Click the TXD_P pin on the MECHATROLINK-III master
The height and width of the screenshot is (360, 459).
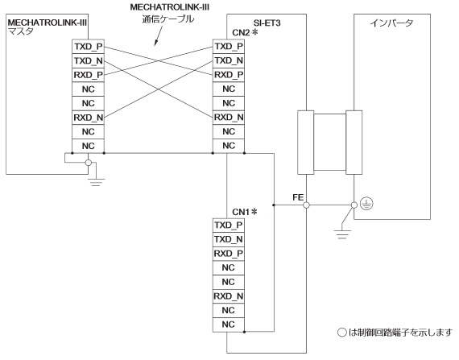coord(88,47)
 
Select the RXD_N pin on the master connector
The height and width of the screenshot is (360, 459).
coord(88,118)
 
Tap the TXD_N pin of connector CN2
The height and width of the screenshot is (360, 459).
coord(229,60)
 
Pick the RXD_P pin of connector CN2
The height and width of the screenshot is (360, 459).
coord(229,75)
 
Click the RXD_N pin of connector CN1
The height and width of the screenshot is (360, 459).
coord(229,296)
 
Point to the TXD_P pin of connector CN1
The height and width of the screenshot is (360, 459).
coord(229,225)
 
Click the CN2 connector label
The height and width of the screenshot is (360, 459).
coord(242,33)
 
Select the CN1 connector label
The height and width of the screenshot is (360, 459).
coord(242,212)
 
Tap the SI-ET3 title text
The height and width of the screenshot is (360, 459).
coord(267,23)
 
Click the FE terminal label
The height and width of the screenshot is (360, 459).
coord(298,197)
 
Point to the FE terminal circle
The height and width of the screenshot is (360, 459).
coord(306,205)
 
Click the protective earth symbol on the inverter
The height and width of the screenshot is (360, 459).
coord(366,204)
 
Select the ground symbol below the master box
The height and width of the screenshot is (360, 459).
coord(96,182)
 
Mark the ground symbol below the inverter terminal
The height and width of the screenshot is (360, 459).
coord(342,234)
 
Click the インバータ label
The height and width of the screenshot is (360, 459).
coord(391,23)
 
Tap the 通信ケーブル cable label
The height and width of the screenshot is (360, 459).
coord(168,19)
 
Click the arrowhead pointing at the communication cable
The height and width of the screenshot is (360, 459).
coord(155,43)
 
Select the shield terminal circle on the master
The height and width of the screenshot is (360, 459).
coord(88,163)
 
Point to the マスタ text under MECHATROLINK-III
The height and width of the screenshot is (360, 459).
coord(21,31)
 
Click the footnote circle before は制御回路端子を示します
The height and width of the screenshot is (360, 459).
coord(342,333)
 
